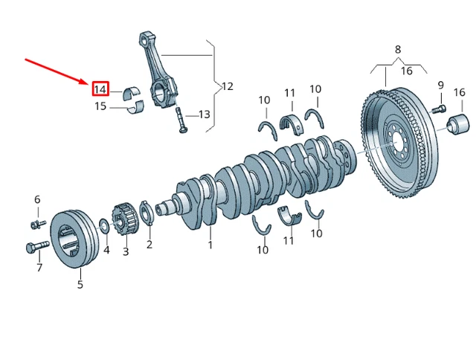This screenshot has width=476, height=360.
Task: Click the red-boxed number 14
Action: pyautogui.click(x=100, y=89)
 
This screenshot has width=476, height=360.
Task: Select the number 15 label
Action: pyautogui.click(x=100, y=106)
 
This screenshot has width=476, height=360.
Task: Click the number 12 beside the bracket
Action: pyautogui.click(x=228, y=86)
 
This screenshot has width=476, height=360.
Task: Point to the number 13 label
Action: pyautogui.click(x=205, y=115)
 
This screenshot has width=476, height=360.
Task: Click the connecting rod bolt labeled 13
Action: pyautogui.click(x=181, y=120)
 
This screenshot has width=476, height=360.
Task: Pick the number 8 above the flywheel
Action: pyautogui.click(x=398, y=49)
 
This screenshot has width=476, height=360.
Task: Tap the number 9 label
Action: pyautogui.click(x=441, y=86)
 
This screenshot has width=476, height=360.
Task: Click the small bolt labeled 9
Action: pyautogui.click(x=439, y=109)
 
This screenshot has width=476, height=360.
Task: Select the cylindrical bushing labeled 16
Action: pyautogui.click(x=458, y=124)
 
